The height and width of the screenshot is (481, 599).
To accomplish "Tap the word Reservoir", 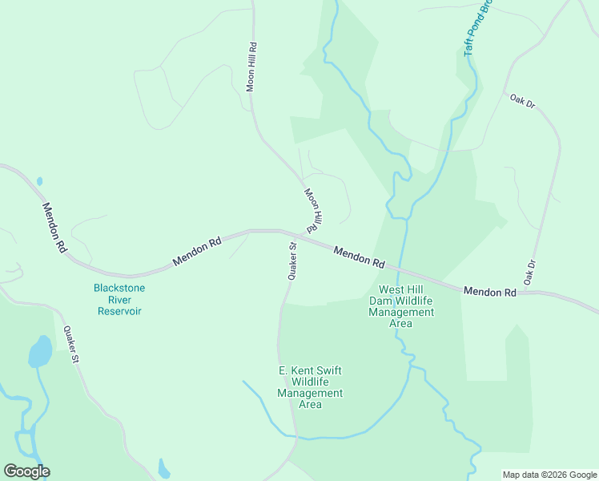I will (119, 311).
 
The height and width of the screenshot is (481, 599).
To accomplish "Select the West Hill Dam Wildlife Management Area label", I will (400, 306).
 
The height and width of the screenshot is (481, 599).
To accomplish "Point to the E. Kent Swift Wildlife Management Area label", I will (310, 387).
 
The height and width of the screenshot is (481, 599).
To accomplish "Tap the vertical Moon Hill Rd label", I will (251, 67).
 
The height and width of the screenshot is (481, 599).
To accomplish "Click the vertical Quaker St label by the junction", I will (293, 261).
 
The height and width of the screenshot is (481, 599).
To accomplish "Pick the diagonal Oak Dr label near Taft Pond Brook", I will (521, 102).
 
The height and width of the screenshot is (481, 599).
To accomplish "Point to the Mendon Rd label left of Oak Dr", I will (489, 293).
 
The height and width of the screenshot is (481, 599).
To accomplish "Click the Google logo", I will (26, 471).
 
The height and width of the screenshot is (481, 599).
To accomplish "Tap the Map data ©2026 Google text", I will (549, 475).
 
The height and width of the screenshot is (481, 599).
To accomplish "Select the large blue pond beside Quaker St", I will (39, 351).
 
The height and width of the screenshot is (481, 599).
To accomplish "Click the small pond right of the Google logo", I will (163, 468).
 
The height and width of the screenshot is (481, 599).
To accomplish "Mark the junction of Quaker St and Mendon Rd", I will (283, 232).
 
